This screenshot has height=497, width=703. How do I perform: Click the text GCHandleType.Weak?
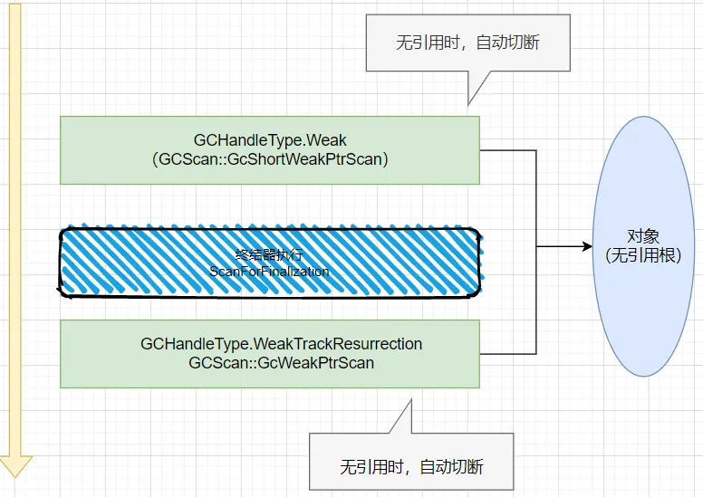[270, 140]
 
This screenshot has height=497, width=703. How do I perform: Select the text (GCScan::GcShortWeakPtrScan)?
[270, 158]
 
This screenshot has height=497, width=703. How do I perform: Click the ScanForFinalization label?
[269, 271]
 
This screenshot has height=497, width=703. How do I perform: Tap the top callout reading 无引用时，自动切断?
[467, 43]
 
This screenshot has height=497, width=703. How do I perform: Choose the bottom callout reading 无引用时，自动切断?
[411, 467]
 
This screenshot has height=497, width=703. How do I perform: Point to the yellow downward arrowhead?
[15, 465]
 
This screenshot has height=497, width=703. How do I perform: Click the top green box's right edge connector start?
[480, 150]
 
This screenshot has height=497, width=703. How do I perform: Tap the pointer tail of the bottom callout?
[400, 417]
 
